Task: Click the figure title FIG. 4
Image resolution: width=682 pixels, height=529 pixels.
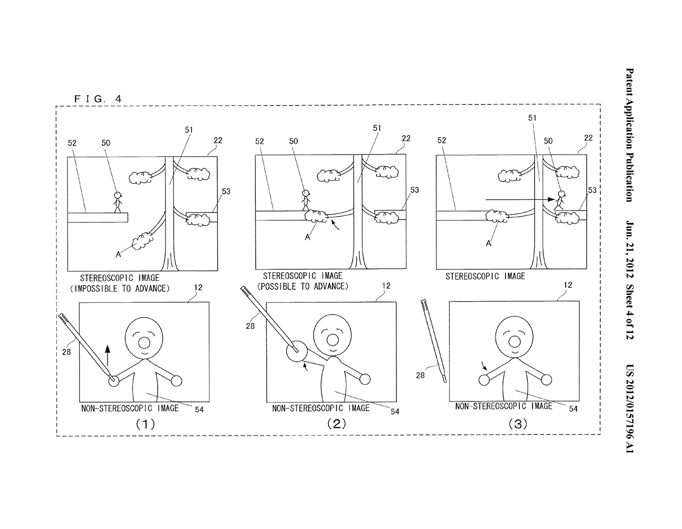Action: [98, 99]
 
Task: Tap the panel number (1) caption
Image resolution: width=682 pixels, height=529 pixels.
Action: [146, 424]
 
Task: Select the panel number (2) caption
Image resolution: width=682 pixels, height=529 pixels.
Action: [336, 423]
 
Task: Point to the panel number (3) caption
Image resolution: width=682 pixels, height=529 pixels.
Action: [518, 424]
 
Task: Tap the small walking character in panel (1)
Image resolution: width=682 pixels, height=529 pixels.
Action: [117, 202]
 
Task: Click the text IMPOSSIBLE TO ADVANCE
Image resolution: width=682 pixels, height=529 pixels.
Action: [120, 288]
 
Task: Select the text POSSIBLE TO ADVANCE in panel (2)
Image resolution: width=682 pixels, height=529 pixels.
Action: [303, 286]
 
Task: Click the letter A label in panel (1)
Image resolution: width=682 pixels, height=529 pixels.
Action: [118, 254]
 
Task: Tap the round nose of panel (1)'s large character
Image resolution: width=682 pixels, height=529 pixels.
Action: [144, 343]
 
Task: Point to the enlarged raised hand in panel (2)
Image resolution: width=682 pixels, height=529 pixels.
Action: [297, 351]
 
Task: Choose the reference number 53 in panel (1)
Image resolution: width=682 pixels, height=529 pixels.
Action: [226, 191]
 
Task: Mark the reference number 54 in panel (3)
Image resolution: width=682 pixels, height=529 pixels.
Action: [573, 409]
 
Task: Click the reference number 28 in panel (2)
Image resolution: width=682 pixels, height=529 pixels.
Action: [250, 326]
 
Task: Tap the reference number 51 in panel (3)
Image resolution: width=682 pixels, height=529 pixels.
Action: [532, 118]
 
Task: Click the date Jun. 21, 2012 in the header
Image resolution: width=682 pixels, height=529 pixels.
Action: [630, 249]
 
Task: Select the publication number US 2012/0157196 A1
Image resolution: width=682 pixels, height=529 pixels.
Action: [630, 408]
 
